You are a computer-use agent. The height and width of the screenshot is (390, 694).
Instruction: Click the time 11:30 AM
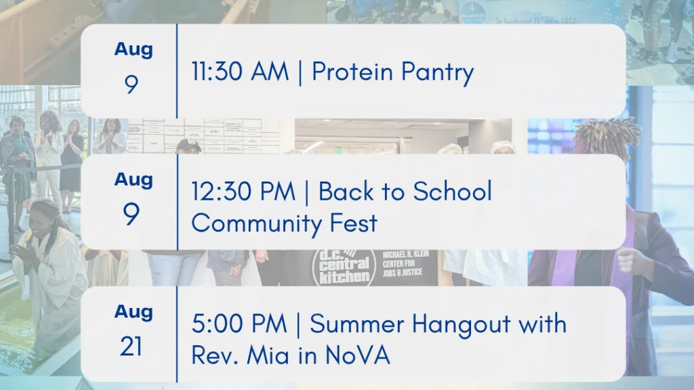pos(240,71)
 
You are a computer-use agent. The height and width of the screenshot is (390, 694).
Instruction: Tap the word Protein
pos(352,71)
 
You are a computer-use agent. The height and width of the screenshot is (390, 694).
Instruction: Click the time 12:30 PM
pos(243,192)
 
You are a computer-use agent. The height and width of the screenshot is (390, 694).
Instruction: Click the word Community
pos(256,223)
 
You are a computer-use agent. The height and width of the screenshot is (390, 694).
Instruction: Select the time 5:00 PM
pos(239,324)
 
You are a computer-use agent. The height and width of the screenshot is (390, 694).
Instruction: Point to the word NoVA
pos(358,355)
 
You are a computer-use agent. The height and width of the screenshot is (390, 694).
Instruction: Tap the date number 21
pos(131,346)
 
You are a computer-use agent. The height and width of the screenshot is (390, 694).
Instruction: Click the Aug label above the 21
pos(134,311)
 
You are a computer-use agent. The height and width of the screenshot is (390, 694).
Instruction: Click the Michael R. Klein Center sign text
pos(405,263)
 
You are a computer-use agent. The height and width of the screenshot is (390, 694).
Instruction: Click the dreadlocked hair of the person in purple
pos(607,135)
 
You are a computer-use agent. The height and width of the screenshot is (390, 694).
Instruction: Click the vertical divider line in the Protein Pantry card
pos(177,70)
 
